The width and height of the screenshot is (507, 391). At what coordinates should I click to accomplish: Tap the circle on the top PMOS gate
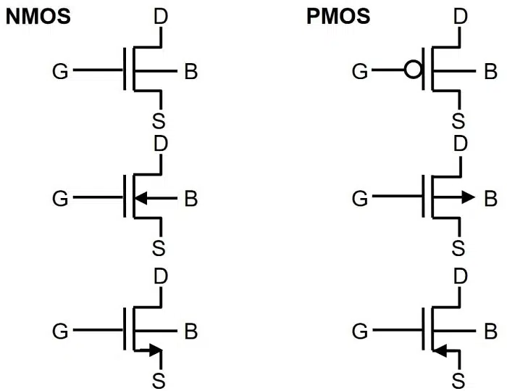click(x=412, y=70)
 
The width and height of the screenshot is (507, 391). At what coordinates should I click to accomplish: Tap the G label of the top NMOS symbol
click(x=62, y=71)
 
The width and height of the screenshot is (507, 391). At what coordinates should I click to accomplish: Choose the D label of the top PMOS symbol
click(x=458, y=16)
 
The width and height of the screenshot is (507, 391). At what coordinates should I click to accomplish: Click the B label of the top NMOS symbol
click(x=191, y=71)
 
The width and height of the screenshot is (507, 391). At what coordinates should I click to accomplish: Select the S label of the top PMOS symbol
click(x=458, y=120)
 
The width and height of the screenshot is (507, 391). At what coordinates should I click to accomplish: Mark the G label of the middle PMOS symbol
click(x=360, y=197)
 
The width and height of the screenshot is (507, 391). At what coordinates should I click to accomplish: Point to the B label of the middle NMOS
click(x=191, y=197)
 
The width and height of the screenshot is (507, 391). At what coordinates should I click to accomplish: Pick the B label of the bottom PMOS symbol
click(x=490, y=332)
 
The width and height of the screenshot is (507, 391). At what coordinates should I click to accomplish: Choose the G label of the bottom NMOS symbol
click(x=62, y=332)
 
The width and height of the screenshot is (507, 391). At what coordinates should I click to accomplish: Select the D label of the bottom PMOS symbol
click(x=458, y=276)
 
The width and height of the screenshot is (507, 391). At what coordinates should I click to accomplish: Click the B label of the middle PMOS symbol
click(x=490, y=197)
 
